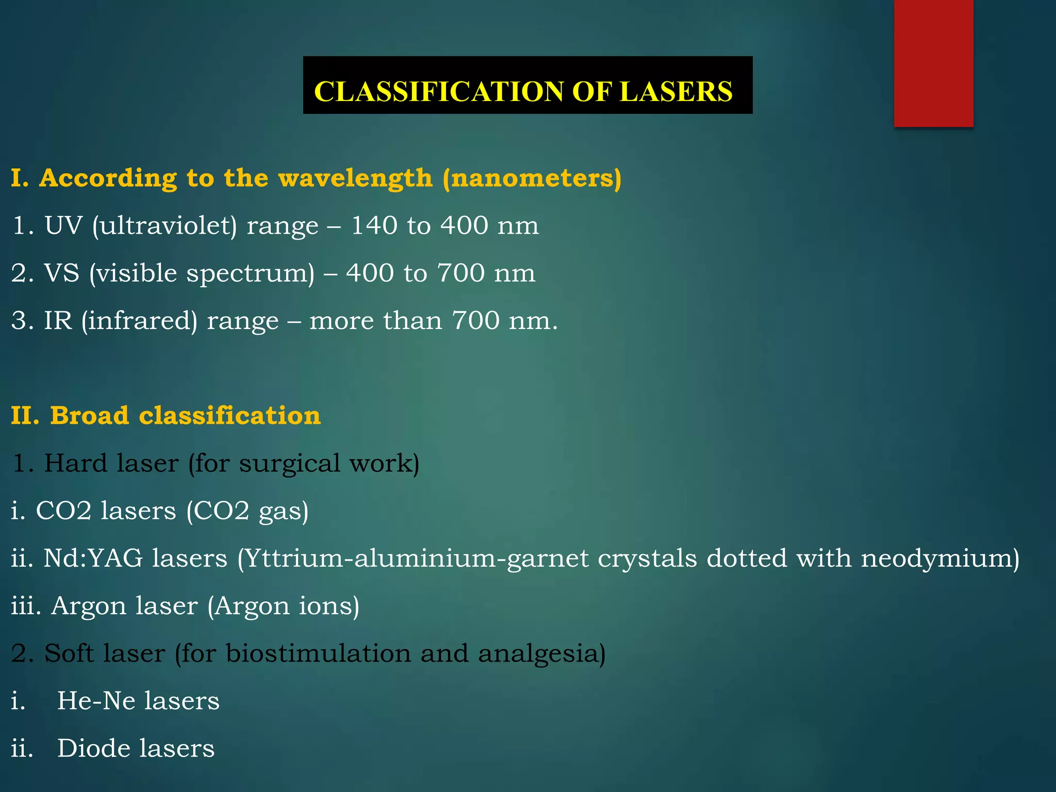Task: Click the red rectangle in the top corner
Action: (x=933, y=63)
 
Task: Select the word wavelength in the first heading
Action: (x=355, y=178)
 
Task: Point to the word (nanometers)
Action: (x=532, y=178)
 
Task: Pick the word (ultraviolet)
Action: (x=164, y=226)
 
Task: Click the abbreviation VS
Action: (x=61, y=273)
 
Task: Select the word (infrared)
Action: (x=139, y=321)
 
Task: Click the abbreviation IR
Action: (x=58, y=321)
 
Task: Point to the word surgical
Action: (x=290, y=464)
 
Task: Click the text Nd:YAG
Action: (x=93, y=558)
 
